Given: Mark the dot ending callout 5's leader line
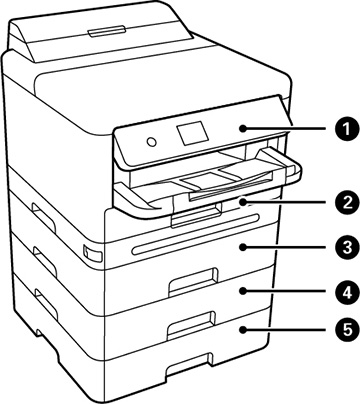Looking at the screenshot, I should pos(242,328).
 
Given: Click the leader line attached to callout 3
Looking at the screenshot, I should pos(290,244).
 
